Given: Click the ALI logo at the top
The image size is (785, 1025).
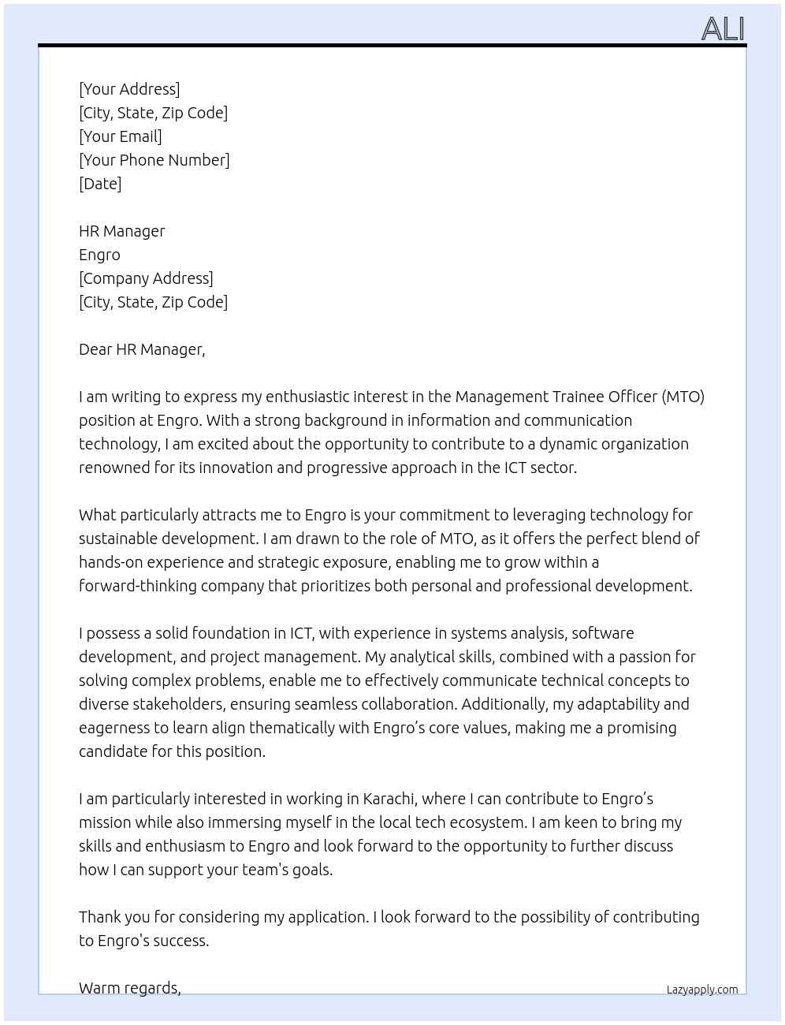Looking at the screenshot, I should (723, 28).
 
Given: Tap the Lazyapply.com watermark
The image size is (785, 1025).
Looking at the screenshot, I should (702, 990).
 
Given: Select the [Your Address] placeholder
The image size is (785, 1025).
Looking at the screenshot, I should (129, 89).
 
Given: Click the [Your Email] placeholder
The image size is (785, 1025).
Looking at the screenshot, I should (121, 136).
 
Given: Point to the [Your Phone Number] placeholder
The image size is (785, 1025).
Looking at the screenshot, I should (154, 160).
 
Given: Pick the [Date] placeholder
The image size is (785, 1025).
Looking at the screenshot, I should (100, 184).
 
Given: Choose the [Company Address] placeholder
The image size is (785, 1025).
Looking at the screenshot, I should (146, 278).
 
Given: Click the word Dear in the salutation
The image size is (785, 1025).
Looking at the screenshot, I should (95, 349).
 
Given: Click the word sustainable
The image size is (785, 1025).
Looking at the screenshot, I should (118, 539).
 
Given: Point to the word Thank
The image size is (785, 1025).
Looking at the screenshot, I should (101, 917).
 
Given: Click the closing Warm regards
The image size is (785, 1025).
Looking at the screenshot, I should (130, 988).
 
